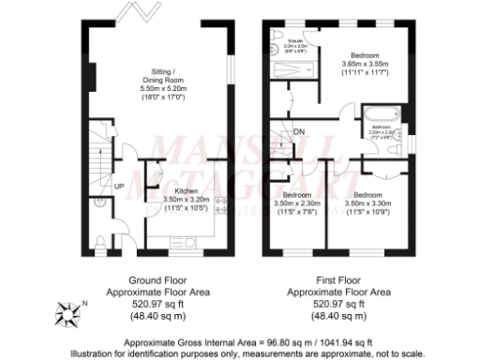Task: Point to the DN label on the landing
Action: point(299,132)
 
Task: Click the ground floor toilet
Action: point(100,242)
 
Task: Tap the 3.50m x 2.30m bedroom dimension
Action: point(297,202)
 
